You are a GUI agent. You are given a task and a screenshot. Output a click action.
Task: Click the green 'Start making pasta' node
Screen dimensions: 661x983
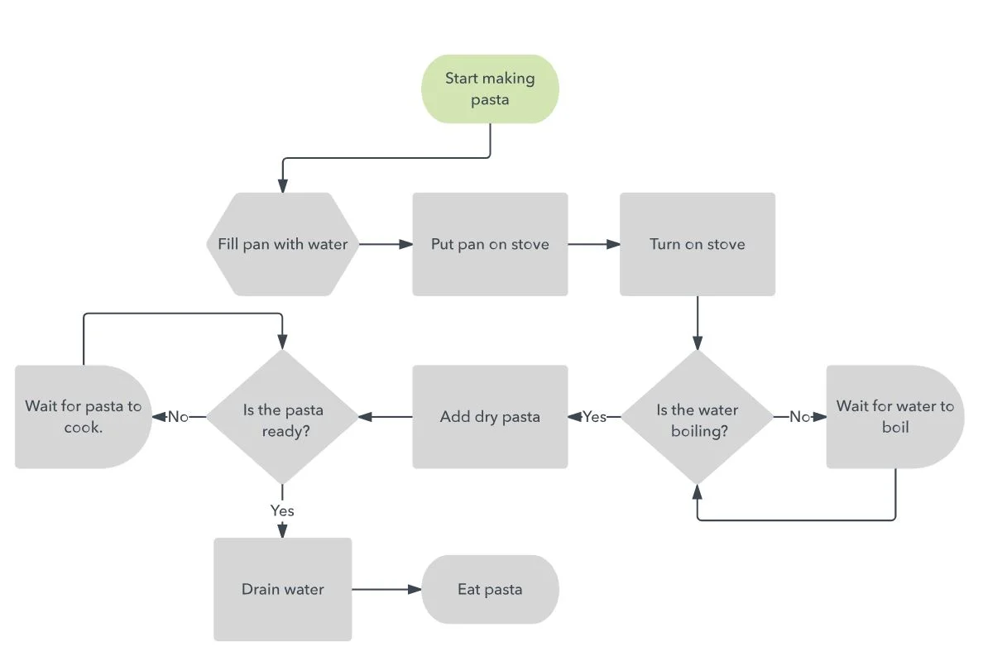pyautogui.click(x=490, y=89)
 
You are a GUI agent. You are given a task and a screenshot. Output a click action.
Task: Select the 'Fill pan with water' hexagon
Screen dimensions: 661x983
pyautogui.click(x=282, y=244)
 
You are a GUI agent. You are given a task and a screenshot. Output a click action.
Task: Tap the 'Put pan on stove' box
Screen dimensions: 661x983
pyautogui.click(x=490, y=244)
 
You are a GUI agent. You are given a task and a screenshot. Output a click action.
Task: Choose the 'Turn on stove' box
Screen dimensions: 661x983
pyautogui.click(x=697, y=244)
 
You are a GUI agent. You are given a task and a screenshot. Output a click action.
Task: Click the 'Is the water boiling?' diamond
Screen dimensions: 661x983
pyautogui.click(x=697, y=417)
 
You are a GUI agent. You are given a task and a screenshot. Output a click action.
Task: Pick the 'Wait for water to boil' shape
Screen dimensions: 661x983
pyautogui.click(x=894, y=417)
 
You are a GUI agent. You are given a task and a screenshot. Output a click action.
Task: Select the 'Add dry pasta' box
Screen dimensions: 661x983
pyautogui.click(x=490, y=417)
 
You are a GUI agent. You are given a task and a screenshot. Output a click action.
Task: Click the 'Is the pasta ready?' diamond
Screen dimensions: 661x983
pyautogui.click(x=282, y=417)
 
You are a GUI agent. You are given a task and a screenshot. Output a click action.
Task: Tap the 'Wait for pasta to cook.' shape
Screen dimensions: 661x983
pyautogui.click(x=83, y=417)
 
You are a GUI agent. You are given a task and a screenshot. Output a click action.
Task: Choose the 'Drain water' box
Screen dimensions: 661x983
pyautogui.click(x=282, y=590)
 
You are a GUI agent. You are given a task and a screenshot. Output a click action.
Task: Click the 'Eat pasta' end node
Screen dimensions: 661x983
pyautogui.click(x=490, y=590)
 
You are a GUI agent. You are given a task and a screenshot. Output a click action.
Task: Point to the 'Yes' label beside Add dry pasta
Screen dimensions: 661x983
pyautogui.click(x=594, y=417)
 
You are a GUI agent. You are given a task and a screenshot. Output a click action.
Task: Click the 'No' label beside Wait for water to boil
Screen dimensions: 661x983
pyautogui.click(x=799, y=417)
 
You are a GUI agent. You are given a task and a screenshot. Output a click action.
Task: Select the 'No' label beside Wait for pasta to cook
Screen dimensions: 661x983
pyautogui.click(x=178, y=417)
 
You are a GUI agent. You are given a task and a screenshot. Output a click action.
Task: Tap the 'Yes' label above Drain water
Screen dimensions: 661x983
pyautogui.click(x=282, y=510)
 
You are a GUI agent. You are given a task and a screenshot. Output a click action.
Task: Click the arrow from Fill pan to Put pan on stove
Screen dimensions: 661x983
pyautogui.click(x=386, y=244)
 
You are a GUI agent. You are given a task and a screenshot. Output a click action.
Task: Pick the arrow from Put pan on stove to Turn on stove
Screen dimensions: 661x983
pyautogui.click(x=593, y=244)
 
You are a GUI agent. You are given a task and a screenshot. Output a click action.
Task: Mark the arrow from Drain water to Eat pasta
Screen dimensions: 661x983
pyautogui.click(x=386, y=590)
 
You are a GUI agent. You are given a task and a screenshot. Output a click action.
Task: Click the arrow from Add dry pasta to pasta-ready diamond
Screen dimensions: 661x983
pyautogui.click(x=386, y=417)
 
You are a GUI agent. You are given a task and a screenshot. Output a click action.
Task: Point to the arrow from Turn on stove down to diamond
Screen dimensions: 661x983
pyautogui.click(x=697, y=323)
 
